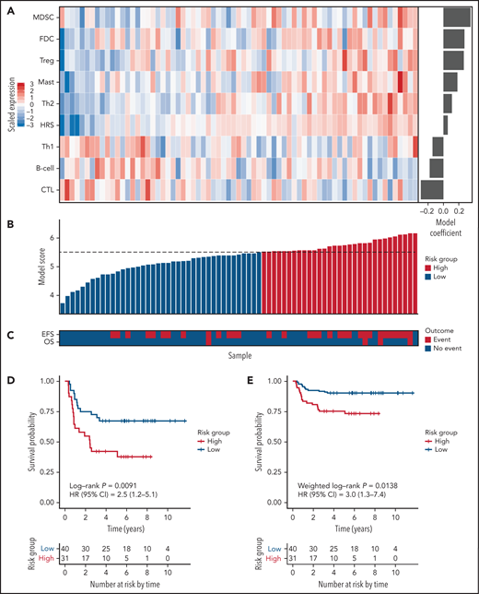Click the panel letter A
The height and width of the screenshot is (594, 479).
pyautogui.click(x=6, y=8)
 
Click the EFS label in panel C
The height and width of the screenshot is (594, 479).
pyautogui.click(x=48, y=335)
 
